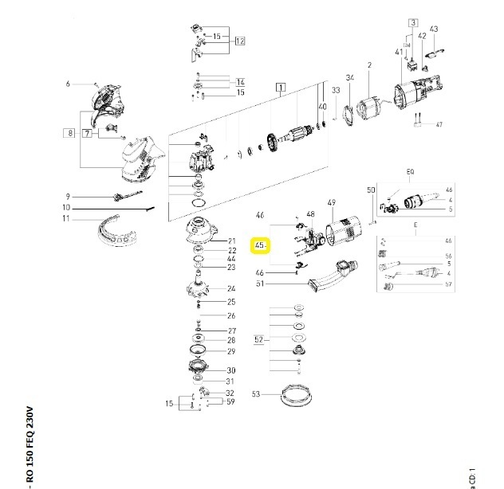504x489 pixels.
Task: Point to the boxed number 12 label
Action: coord(239,41)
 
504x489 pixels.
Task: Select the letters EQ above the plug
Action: coord(411,171)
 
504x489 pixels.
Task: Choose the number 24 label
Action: coord(231,288)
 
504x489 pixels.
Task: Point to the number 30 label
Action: coord(231,370)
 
